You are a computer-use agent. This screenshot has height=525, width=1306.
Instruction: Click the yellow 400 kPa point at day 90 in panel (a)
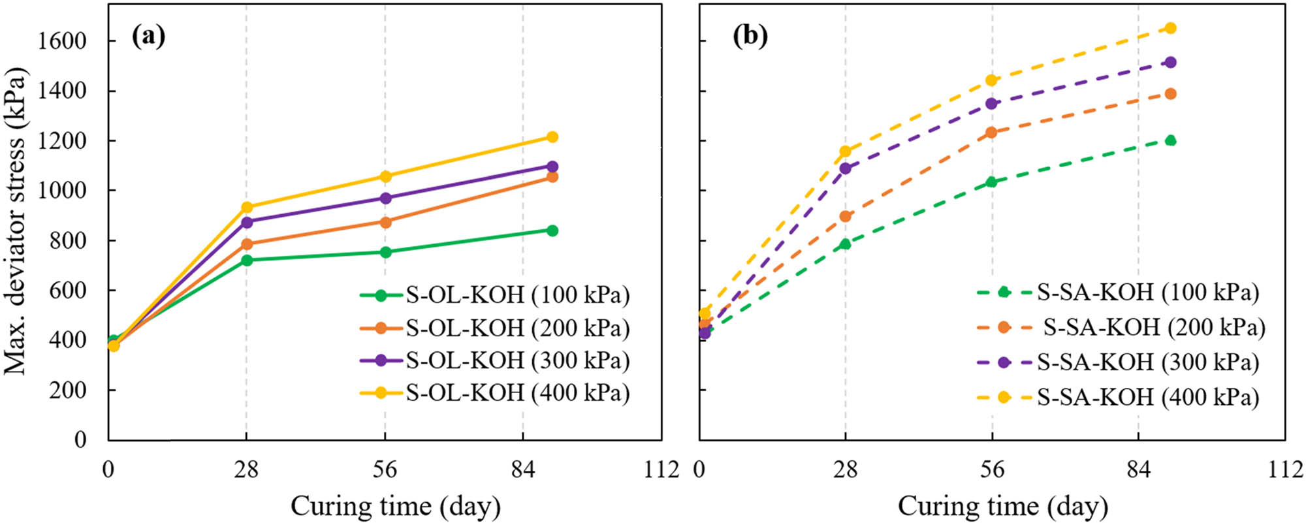click(x=552, y=137)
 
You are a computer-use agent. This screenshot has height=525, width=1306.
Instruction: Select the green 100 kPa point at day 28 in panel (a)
click(x=247, y=260)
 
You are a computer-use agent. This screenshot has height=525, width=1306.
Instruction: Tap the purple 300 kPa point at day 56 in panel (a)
click(x=385, y=198)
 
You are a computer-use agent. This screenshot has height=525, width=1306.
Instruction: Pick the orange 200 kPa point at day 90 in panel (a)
click(x=552, y=177)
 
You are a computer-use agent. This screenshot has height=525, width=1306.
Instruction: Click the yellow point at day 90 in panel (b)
click(x=1171, y=28)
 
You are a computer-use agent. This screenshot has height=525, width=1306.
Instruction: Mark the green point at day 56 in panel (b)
click(x=992, y=182)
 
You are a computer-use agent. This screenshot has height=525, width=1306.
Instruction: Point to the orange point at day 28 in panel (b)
click(x=846, y=216)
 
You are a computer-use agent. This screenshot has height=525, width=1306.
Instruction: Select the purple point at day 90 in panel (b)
click(x=1171, y=63)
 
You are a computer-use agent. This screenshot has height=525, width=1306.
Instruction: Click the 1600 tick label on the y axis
click(x=62, y=41)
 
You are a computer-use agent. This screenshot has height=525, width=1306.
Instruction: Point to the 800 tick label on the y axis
click(x=69, y=240)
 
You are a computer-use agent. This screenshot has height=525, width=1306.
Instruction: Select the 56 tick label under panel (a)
click(x=385, y=469)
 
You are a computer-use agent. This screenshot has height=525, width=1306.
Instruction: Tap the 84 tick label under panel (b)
click(x=1139, y=469)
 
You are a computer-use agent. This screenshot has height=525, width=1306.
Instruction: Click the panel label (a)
click(x=149, y=36)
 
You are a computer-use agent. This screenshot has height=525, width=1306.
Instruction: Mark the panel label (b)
click(x=750, y=36)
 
